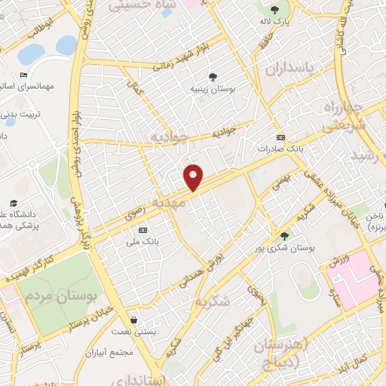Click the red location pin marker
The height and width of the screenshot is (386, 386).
pyautogui.click(x=195, y=177)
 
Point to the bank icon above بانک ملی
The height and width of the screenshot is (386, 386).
pyautogui.click(x=142, y=231)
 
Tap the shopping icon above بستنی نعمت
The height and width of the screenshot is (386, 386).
pyautogui.click(x=133, y=320)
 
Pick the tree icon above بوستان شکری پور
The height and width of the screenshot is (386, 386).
pyautogui.click(x=284, y=236)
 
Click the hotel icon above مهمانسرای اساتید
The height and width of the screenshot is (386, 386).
pyautogui.click(x=23, y=75)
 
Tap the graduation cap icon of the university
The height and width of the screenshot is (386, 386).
pyautogui.click(x=14, y=204)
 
